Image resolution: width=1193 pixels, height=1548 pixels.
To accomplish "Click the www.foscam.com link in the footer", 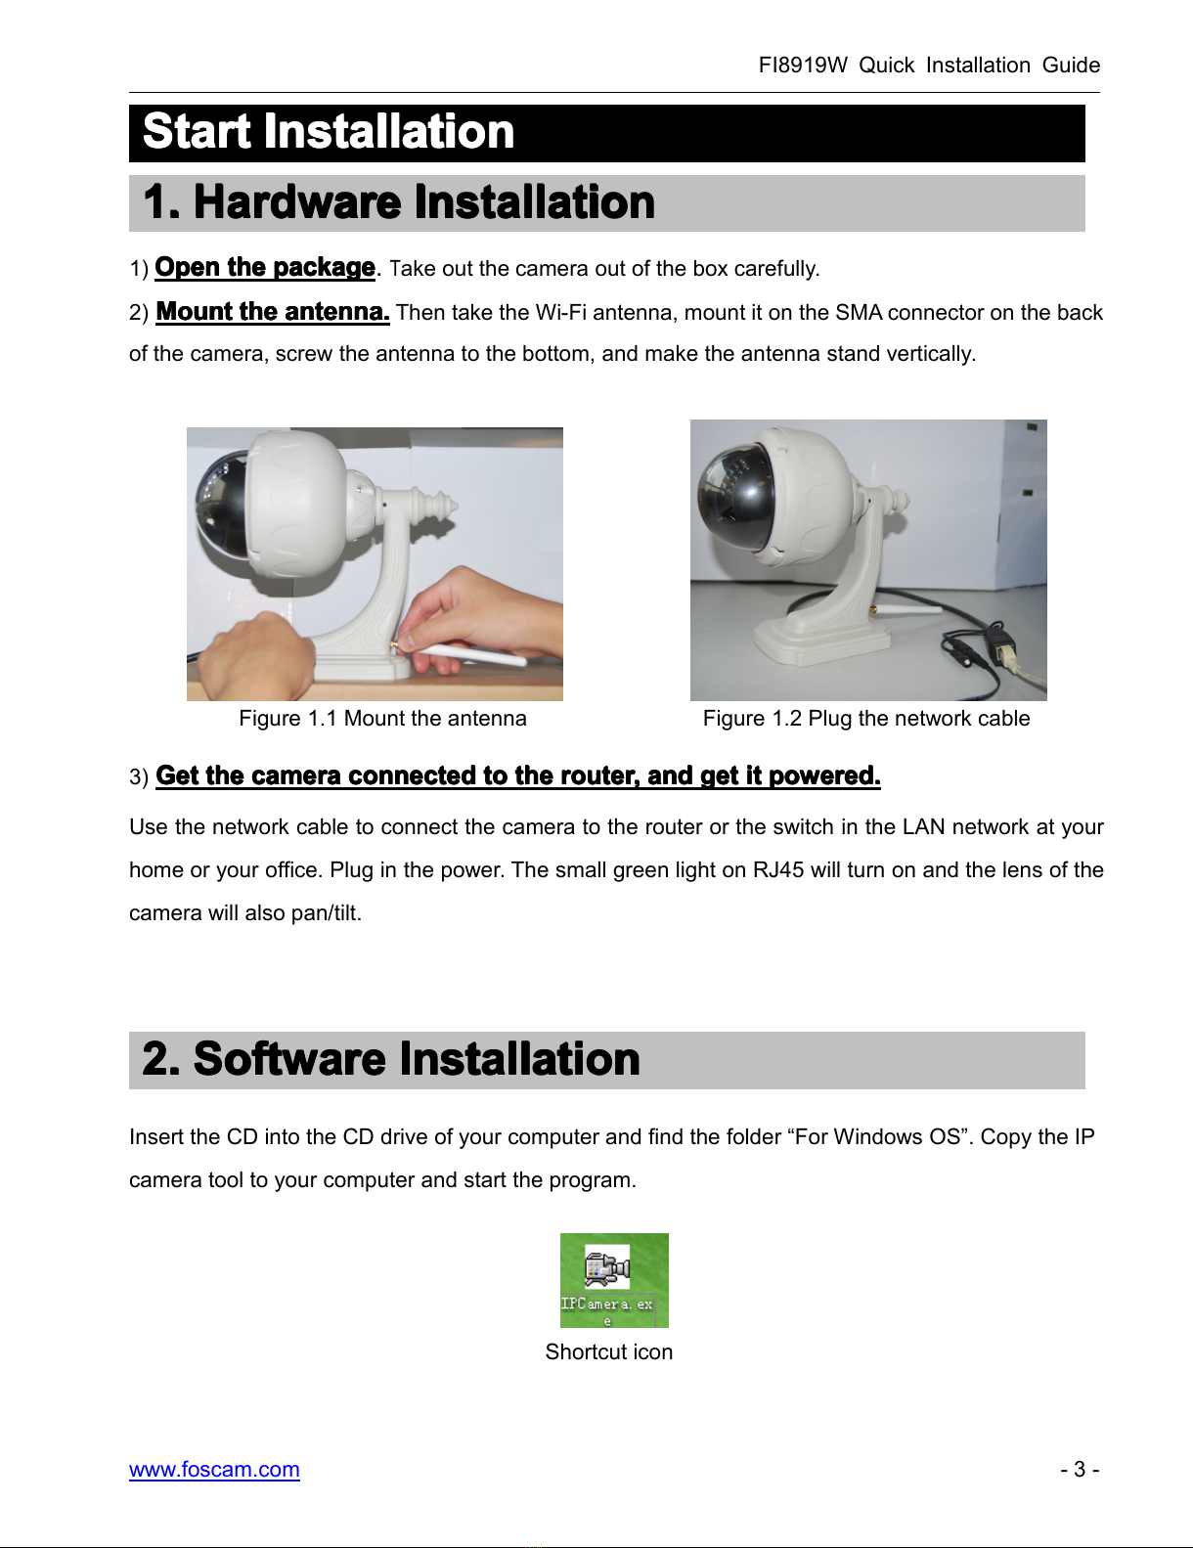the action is [x=214, y=1469].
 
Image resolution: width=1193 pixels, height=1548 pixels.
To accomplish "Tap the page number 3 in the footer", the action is [x=1080, y=1469].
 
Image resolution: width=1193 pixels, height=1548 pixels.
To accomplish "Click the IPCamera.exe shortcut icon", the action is [x=614, y=1280].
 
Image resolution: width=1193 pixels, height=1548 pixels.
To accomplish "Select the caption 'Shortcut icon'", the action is [x=609, y=1351].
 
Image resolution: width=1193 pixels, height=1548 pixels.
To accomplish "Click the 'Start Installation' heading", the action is [x=329, y=132].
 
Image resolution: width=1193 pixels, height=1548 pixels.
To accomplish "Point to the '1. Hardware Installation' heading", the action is [x=399, y=202].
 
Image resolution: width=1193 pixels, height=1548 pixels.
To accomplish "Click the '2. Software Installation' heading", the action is [x=391, y=1059].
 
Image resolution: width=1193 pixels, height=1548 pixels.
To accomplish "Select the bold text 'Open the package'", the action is [x=265, y=268].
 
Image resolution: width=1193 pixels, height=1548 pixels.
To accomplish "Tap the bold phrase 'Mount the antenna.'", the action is [x=273, y=312].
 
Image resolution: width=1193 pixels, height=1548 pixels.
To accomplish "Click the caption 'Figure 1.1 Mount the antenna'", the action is [x=382, y=718].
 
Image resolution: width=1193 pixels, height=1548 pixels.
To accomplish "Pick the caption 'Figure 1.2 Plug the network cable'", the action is [x=866, y=718].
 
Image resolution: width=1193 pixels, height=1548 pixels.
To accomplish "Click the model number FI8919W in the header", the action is [x=803, y=66].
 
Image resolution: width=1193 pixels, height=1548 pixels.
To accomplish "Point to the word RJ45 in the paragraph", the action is [x=778, y=869].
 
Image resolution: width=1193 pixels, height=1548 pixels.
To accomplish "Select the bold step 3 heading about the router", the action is [x=518, y=775].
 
